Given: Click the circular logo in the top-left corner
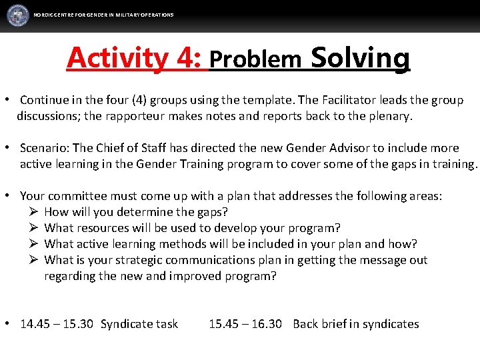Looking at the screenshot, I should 18,15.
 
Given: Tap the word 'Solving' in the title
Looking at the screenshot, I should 360,58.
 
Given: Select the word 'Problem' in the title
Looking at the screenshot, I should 255,59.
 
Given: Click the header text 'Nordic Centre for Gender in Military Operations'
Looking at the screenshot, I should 103,15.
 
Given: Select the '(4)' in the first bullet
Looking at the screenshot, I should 137,100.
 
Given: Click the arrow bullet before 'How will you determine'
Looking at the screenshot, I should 35,212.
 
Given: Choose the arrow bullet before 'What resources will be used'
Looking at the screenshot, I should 35,228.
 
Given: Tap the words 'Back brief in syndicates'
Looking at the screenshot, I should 356,324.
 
